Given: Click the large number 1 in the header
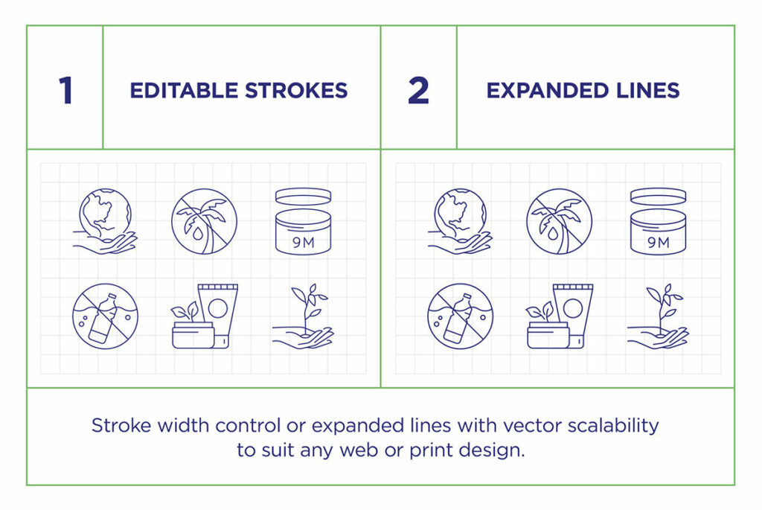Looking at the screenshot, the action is click(x=65, y=90).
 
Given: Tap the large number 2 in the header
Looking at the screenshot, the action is click(x=418, y=90).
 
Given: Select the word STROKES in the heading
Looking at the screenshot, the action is click(x=296, y=90).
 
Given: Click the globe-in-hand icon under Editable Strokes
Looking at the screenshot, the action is click(x=105, y=221).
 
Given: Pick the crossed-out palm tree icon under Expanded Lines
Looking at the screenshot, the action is click(x=560, y=221).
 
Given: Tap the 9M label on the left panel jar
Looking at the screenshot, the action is click(x=304, y=242).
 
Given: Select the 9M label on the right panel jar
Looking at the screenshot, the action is click(x=659, y=242).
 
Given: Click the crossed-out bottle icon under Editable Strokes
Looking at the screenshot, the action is click(x=105, y=316).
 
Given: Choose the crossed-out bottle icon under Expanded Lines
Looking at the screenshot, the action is click(x=460, y=316).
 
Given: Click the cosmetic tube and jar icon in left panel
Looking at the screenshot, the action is click(x=205, y=316).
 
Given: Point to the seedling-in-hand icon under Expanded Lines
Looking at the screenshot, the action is click(x=658, y=316).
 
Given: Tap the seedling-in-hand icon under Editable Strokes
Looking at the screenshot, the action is click(x=303, y=316).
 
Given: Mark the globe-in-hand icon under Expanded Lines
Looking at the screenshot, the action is click(x=460, y=221).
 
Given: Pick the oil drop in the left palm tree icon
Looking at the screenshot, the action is click(x=197, y=233).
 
